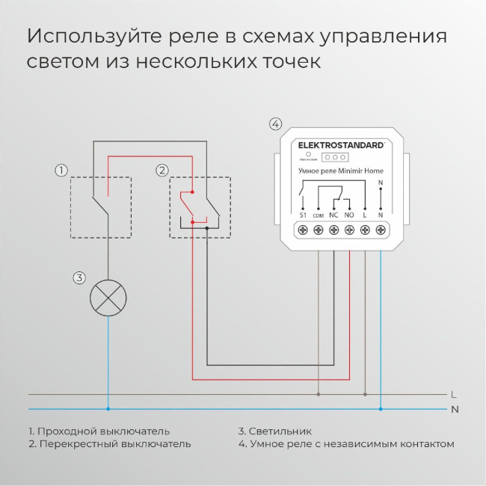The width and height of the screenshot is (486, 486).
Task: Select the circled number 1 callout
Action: pyautogui.click(x=61, y=170)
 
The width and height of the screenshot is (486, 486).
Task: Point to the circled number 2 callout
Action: pyautogui.click(x=162, y=170)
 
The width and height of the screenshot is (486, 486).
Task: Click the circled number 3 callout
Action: pyautogui.click(x=79, y=278)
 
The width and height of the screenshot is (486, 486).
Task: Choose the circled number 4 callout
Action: pyautogui.click(x=276, y=124)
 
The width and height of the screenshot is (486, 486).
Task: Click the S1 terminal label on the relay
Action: pyautogui.click(x=303, y=215)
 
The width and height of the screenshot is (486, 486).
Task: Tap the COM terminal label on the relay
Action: pyautogui.click(x=318, y=215)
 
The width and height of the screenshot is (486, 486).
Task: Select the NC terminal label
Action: pyautogui.click(x=333, y=215)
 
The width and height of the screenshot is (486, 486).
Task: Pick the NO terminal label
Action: pyautogui.click(x=349, y=215)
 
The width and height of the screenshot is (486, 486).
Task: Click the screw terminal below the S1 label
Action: pyautogui.click(x=303, y=231)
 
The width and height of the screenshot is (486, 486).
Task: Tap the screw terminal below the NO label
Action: pyautogui.click(x=349, y=231)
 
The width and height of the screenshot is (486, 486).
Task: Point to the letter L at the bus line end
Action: pyautogui.click(x=455, y=394)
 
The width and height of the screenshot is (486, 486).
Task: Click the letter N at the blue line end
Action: pyautogui.click(x=455, y=409)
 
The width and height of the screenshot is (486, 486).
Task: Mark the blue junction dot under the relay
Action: pyautogui.click(x=381, y=409)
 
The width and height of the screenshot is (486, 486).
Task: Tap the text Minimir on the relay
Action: pyautogui.click(x=354, y=171)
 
